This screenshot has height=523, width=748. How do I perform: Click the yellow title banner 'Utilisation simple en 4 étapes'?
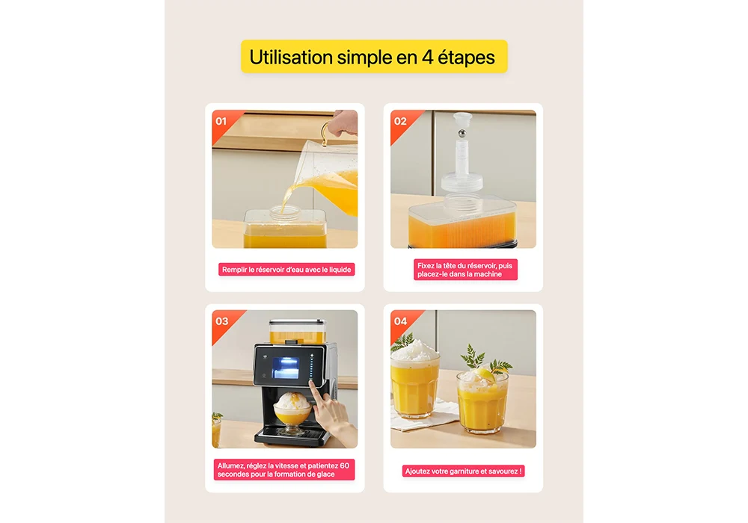(x=374, y=57)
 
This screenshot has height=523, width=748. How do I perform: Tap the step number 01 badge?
(x=221, y=121)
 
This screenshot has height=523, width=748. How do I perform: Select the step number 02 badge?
(x=400, y=121)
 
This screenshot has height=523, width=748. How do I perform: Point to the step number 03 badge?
(x=222, y=321)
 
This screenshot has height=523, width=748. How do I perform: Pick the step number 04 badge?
(x=401, y=321)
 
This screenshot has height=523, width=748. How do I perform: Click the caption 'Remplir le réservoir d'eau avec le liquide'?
(x=286, y=270)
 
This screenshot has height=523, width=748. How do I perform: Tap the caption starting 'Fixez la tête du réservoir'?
(x=465, y=270)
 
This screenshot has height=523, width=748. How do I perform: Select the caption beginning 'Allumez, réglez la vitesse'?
(x=283, y=470)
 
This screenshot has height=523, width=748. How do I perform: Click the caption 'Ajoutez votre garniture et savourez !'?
(x=463, y=471)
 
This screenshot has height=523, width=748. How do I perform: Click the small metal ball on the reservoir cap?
(x=462, y=134)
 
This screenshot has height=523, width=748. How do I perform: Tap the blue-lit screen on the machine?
(x=286, y=368)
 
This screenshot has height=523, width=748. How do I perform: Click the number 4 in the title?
(x=427, y=58)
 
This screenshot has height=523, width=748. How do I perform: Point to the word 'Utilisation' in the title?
(x=291, y=58)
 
